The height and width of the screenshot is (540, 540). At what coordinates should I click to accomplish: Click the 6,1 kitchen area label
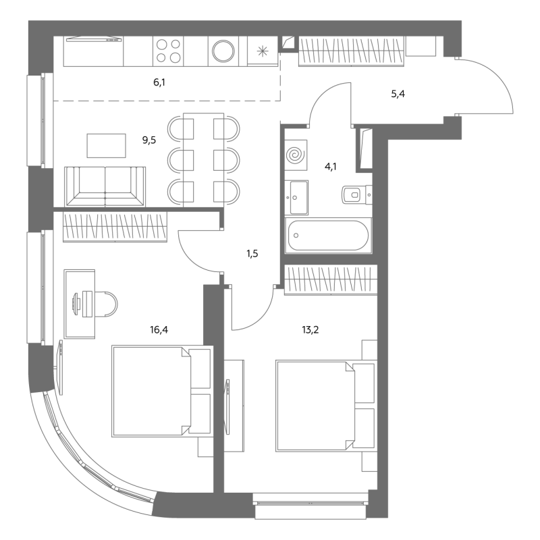click(x=159, y=82)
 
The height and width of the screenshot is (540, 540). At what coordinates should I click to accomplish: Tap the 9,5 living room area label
click(x=149, y=140)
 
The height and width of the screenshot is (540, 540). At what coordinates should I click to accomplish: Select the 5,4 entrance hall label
click(x=398, y=94)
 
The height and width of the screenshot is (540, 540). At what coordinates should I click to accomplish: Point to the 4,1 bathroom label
click(x=331, y=167)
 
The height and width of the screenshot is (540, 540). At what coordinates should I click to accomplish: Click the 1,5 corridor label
click(x=252, y=254)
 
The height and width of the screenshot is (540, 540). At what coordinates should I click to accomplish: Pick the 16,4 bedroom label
click(x=159, y=330)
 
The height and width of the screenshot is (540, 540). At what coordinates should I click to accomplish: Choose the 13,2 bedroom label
click(x=310, y=330)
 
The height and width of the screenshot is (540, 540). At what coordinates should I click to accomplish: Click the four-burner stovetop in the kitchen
click(x=168, y=51)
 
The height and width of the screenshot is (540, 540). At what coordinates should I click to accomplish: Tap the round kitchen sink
click(x=223, y=51)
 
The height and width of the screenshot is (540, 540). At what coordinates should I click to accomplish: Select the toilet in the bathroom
click(x=357, y=195)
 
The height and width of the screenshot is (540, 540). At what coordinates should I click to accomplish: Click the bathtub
click(x=328, y=236)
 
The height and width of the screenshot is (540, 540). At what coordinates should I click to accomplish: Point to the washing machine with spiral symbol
click(x=296, y=155)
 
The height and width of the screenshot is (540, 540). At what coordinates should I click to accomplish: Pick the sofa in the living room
click(x=105, y=187)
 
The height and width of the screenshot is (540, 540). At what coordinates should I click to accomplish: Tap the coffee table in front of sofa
click(x=106, y=146)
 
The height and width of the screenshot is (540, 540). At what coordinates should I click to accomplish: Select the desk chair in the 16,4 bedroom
click(x=106, y=304)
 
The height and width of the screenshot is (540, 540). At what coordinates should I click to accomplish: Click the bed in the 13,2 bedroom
click(x=325, y=406)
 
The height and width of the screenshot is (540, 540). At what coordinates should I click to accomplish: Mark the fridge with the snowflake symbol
click(x=263, y=51)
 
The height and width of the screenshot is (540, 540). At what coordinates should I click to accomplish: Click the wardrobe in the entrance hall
click(x=351, y=51)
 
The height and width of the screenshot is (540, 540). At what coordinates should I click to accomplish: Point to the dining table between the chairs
click(x=204, y=160)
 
